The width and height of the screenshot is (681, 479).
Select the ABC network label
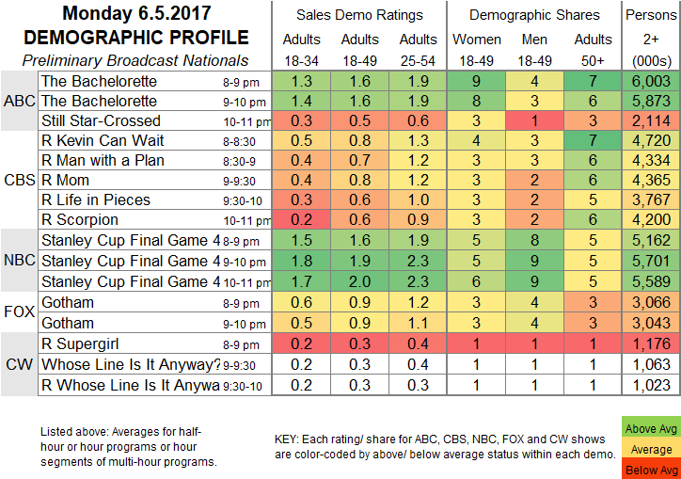pyautogui.click(x=18, y=102)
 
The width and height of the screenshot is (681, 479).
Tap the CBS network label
pyautogui.click(x=18, y=181)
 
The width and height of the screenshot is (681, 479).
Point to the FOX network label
pyautogui.click(x=18, y=311)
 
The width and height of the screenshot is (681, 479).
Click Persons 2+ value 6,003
pyautogui.click(x=653, y=82)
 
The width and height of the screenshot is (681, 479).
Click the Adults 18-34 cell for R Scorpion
pyautogui.click(x=302, y=221)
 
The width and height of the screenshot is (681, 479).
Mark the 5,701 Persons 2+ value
pyautogui.click(x=653, y=262)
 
